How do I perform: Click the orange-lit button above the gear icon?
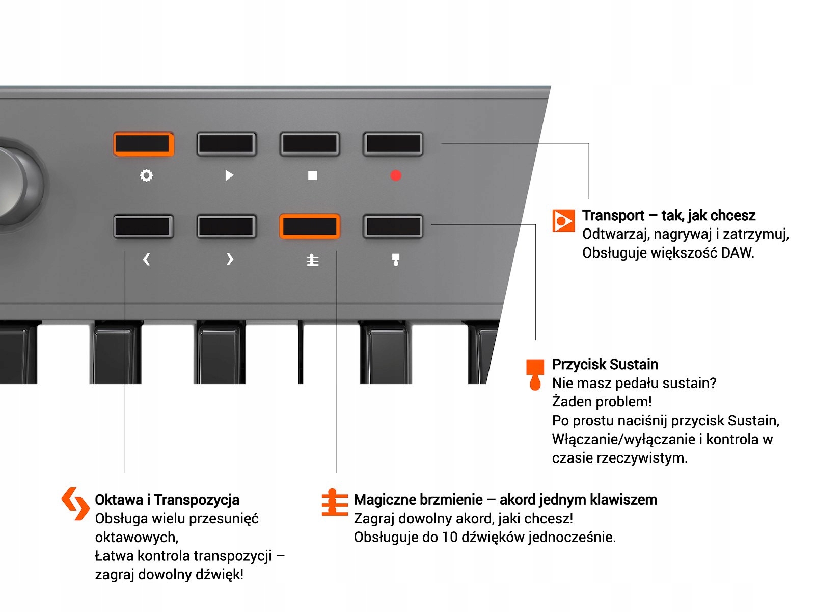click(143, 144)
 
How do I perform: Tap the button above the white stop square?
click(310, 144)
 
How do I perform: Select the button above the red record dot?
click(393, 144)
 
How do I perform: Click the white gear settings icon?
click(146, 175)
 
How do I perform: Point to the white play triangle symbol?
click(229, 175)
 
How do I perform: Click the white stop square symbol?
click(313, 175)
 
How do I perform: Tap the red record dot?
click(396, 175)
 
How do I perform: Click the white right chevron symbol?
click(230, 260)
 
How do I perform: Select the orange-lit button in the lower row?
click(310, 226)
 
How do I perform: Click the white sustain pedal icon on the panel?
click(396, 260)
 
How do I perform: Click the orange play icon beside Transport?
click(563, 220)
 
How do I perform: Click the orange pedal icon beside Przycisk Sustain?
click(535, 374)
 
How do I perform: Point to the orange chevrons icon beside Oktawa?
click(75, 503)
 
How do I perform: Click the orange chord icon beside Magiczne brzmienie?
click(334, 503)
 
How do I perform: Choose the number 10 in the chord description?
click(449, 537)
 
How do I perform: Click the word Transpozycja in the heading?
click(197, 500)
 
